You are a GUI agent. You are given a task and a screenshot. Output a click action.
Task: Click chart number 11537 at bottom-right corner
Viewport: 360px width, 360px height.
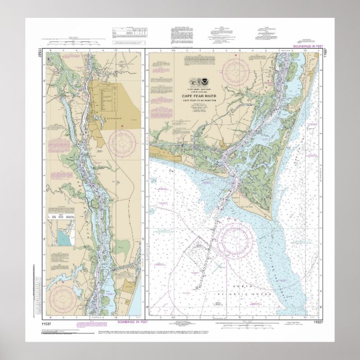click(x=319, y=323)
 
